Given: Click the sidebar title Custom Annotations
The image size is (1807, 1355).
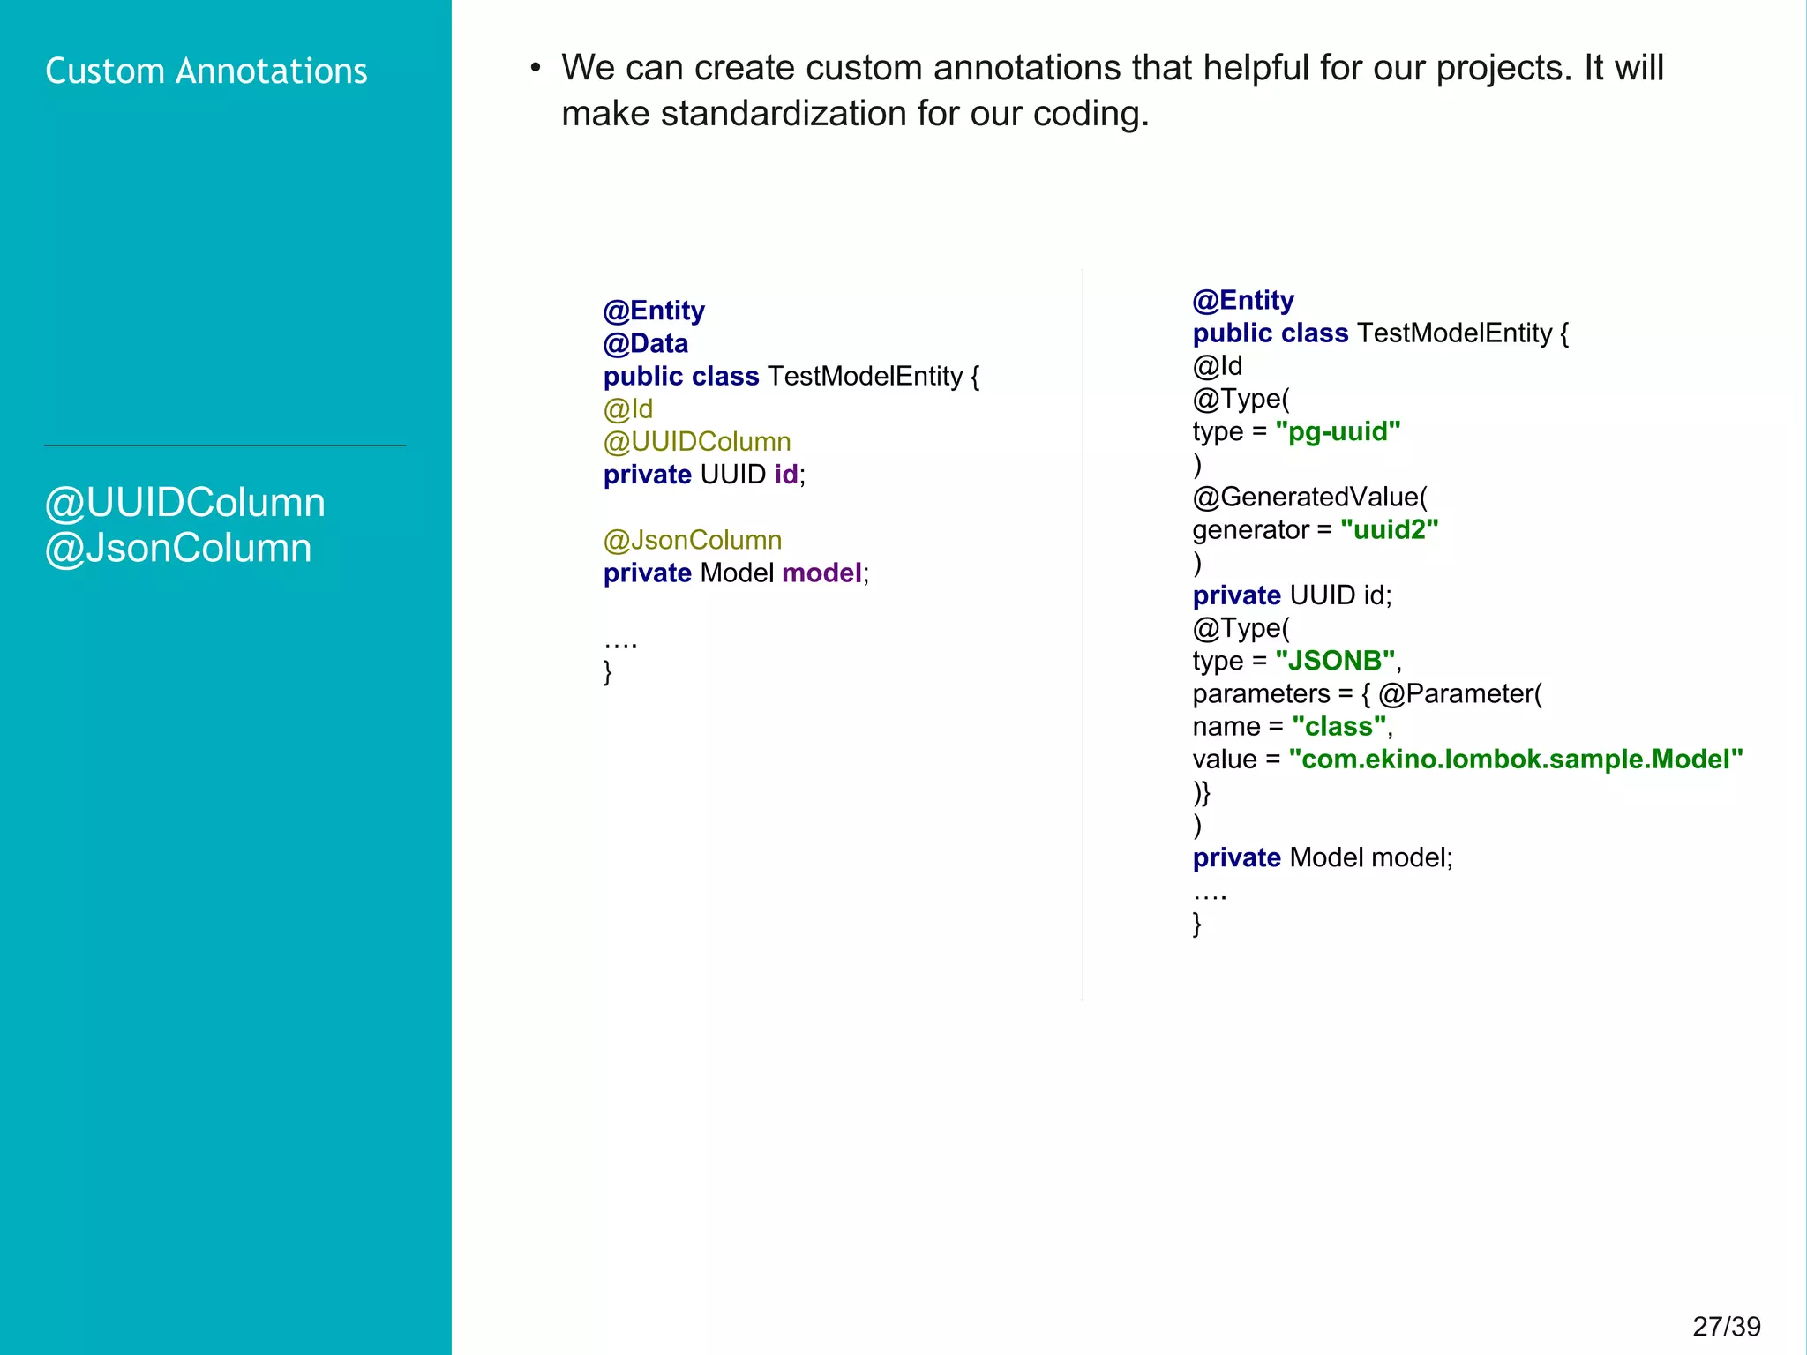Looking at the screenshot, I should (x=206, y=71).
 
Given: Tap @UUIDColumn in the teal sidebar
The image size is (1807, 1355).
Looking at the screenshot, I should (x=185, y=503).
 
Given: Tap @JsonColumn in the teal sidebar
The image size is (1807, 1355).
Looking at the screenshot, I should (x=178, y=548).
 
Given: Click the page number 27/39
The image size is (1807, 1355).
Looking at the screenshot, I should (x=1726, y=1326).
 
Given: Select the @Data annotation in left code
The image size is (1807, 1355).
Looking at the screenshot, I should (x=645, y=343).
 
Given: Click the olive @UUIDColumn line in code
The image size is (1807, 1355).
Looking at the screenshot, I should (x=696, y=441).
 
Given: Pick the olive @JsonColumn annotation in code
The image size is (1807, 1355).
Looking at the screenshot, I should (x=692, y=540).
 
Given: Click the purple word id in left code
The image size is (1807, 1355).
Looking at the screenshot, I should (x=785, y=475).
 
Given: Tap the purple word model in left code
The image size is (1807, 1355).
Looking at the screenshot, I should (x=821, y=573).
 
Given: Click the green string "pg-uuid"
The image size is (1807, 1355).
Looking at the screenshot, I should (x=1338, y=431).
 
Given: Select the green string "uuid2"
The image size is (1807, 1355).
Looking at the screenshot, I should (x=1389, y=529).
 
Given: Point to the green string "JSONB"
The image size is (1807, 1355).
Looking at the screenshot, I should (x=1335, y=661).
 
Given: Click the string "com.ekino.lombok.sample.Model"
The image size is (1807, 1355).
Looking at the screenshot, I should (x=1515, y=760).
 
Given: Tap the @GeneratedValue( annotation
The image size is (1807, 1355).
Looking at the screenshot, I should (x=1309, y=497).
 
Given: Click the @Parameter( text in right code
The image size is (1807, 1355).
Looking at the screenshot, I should (x=1459, y=693).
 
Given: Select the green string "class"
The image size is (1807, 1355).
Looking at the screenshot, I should (x=1338, y=726).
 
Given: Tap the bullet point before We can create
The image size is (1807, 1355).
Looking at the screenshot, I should (x=535, y=69).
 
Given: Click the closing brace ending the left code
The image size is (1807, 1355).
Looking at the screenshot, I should (x=607, y=672).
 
